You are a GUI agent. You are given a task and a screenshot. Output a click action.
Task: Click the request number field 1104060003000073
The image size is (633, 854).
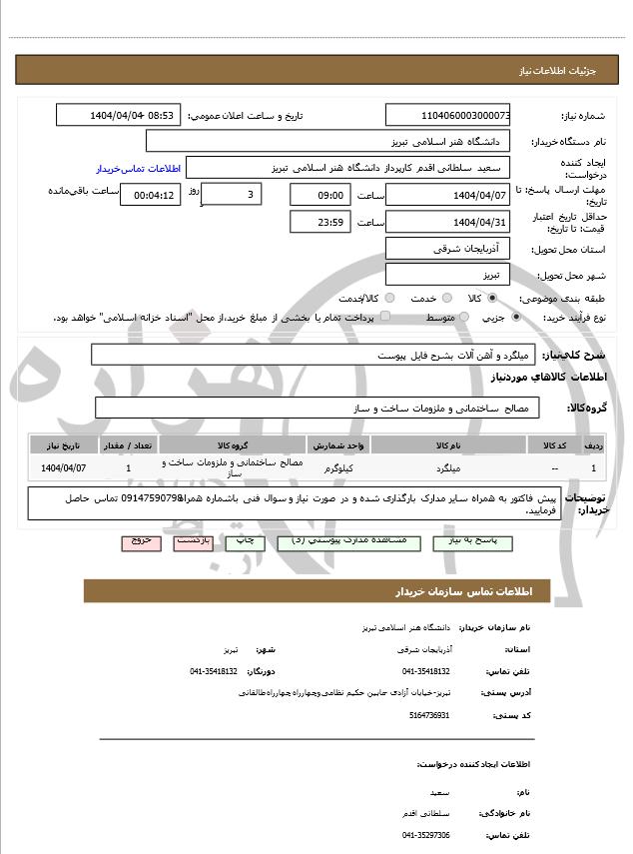point(448,115)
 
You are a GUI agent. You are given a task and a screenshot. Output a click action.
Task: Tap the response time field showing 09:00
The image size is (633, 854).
point(320,195)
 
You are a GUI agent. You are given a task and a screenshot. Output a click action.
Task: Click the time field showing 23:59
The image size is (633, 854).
point(320,222)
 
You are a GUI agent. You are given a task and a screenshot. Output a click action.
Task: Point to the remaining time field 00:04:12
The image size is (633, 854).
point(151,195)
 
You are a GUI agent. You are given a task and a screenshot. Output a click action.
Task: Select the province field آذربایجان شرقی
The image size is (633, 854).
point(448,248)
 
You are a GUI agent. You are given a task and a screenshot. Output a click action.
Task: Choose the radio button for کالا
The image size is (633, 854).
point(491,298)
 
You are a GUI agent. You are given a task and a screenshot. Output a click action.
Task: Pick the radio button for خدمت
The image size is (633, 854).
point(445,298)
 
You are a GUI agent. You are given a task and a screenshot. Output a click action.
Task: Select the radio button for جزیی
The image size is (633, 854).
point(515,317)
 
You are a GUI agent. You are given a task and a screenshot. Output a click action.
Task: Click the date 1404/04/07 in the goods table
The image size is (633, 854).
point(64,466)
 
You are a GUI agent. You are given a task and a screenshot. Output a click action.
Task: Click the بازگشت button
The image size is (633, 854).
point(194,539)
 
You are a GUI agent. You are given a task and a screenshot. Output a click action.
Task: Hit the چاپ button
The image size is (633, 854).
point(246,539)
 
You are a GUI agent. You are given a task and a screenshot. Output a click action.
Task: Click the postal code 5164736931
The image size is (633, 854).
point(429,715)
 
